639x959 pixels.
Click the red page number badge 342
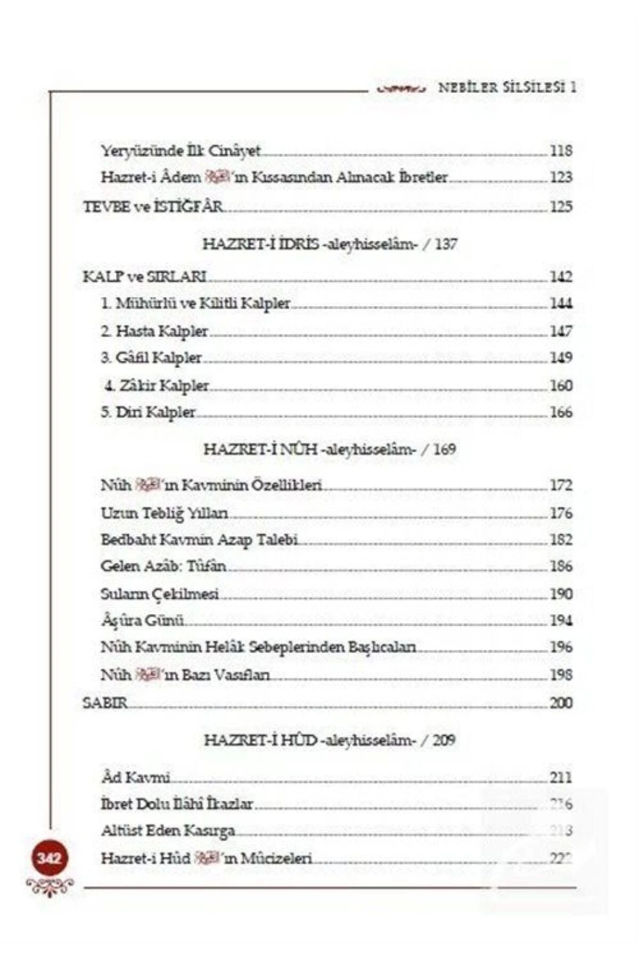click(49, 858)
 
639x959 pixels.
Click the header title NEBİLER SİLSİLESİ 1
click(506, 87)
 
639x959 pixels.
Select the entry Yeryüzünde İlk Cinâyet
click(181, 151)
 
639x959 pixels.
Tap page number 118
click(561, 151)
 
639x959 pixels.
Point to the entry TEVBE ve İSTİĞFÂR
click(153, 206)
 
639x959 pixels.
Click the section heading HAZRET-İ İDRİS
click(330, 245)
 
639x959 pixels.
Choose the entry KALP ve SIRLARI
click(145, 277)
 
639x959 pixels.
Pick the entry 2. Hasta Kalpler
click(154, 331)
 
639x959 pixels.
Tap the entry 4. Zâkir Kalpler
click(157, 386)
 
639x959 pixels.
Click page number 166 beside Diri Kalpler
click(561, 412)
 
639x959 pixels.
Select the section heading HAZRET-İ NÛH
click(330, 450)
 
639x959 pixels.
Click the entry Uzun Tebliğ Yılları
click(165, 513)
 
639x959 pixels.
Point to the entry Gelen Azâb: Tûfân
click(163, 566)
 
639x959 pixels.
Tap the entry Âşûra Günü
click(142, 621)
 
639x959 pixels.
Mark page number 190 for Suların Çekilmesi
click(561, 594)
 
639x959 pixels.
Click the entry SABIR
click(105, 703)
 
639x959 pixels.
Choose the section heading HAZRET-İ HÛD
click(330, 740)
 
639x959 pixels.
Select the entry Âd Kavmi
click(135, 777)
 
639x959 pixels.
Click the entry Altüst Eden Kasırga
click(168, 831)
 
